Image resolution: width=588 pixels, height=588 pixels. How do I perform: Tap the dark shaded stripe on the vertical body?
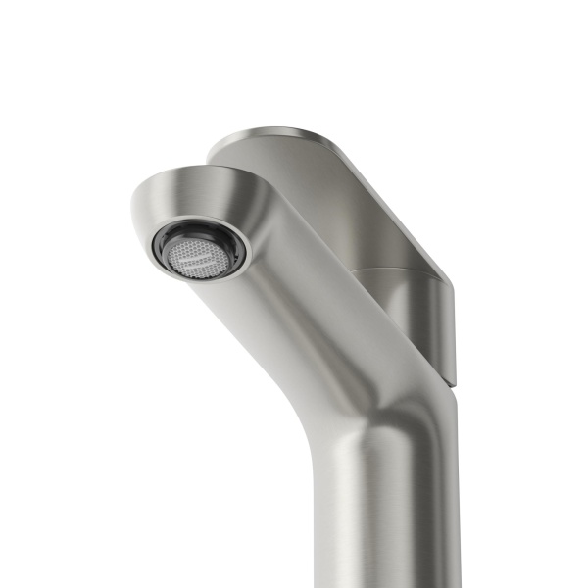(x=431, y=510)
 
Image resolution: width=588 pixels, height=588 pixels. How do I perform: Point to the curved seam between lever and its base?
(x=392, y=269)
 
